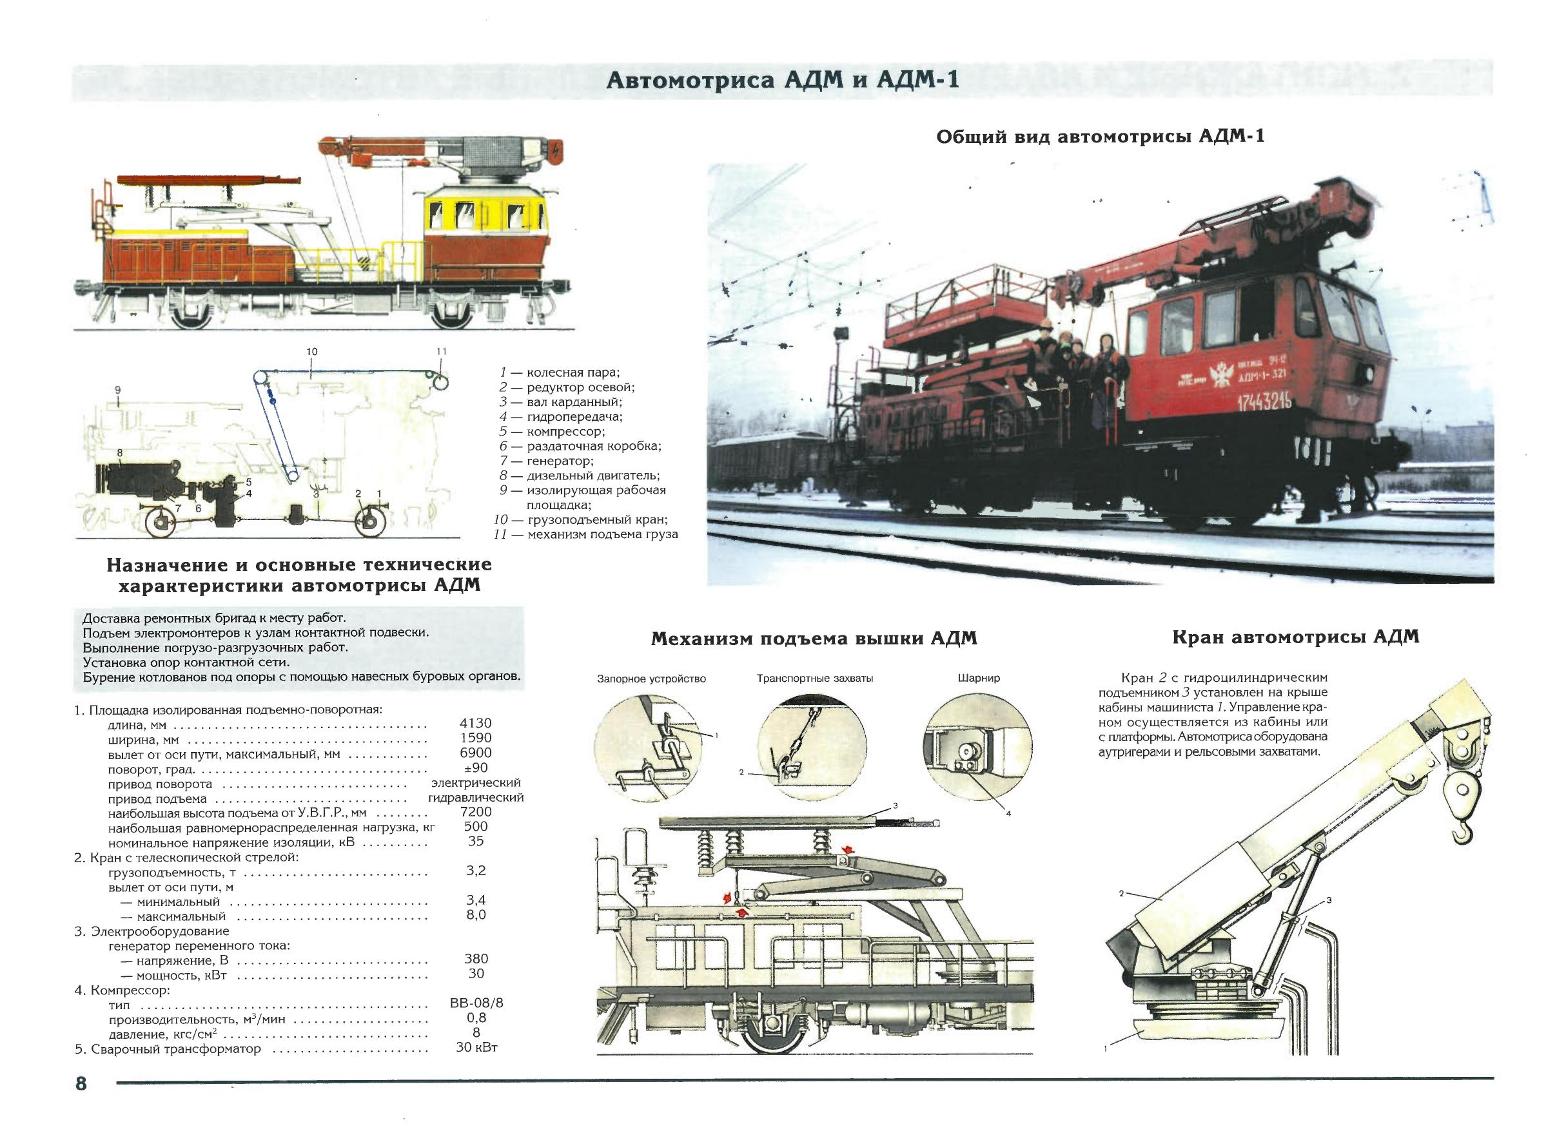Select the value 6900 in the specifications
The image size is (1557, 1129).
point(475,753)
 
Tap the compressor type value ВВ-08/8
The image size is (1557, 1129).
point(476,1003)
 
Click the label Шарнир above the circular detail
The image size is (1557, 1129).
point(978,678)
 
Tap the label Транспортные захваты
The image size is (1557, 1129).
point(815,678)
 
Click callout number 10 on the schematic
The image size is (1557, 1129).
point(311,351)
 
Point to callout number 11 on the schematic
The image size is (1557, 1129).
point(442,351)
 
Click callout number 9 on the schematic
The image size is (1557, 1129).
point(118,390)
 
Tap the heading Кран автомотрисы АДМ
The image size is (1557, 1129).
point(1295,637)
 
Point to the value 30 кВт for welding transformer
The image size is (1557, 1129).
point(476,1048)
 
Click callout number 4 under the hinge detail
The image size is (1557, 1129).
point(1008,814)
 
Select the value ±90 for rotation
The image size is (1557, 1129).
point(475,768)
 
